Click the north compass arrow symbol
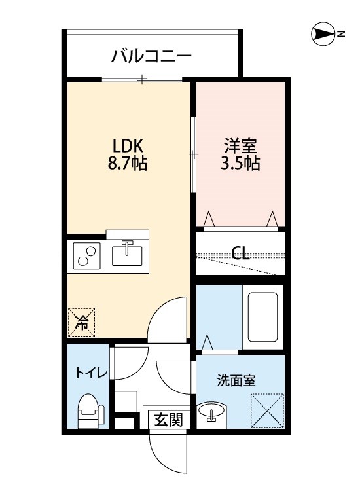pyautogui.click(x=323, y=34)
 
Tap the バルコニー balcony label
pyautogui.click(x=151, y=56)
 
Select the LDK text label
pyautogui.click(x=128, y=146)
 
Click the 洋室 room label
pyautogui.click(x=241, y=146)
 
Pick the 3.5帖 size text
pyautogui.click(x=241, y=164)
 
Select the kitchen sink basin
pyautogui.click(x=127, y=253)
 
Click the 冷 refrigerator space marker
pyautogui.click(x=82, y=321)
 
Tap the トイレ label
pyautogui.click(x=91, y=373)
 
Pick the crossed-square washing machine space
pyautogui.click(x=267, y=409)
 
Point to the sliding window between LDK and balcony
pyautogui.click(x=143, y=80)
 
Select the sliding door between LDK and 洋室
pyautogui.click(x=193, y=155)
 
